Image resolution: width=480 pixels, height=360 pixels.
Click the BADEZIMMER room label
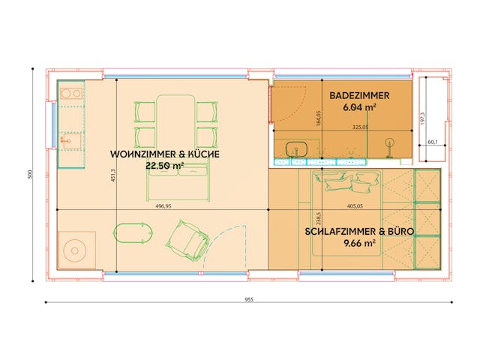click(x=358, y=96)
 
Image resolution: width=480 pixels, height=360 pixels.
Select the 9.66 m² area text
click(x=359, y=243)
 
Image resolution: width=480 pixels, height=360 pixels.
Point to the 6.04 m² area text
click(x=358, y=108)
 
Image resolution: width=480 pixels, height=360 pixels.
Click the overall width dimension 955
click(x=248, y=298)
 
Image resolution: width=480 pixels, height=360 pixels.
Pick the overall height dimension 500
click(x=30, y=175)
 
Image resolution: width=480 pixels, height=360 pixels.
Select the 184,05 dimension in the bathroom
click(x=318, y=119)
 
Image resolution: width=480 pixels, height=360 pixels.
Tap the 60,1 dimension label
click(x=433, y=141)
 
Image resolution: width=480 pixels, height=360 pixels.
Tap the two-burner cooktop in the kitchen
click(x=71, y=94)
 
